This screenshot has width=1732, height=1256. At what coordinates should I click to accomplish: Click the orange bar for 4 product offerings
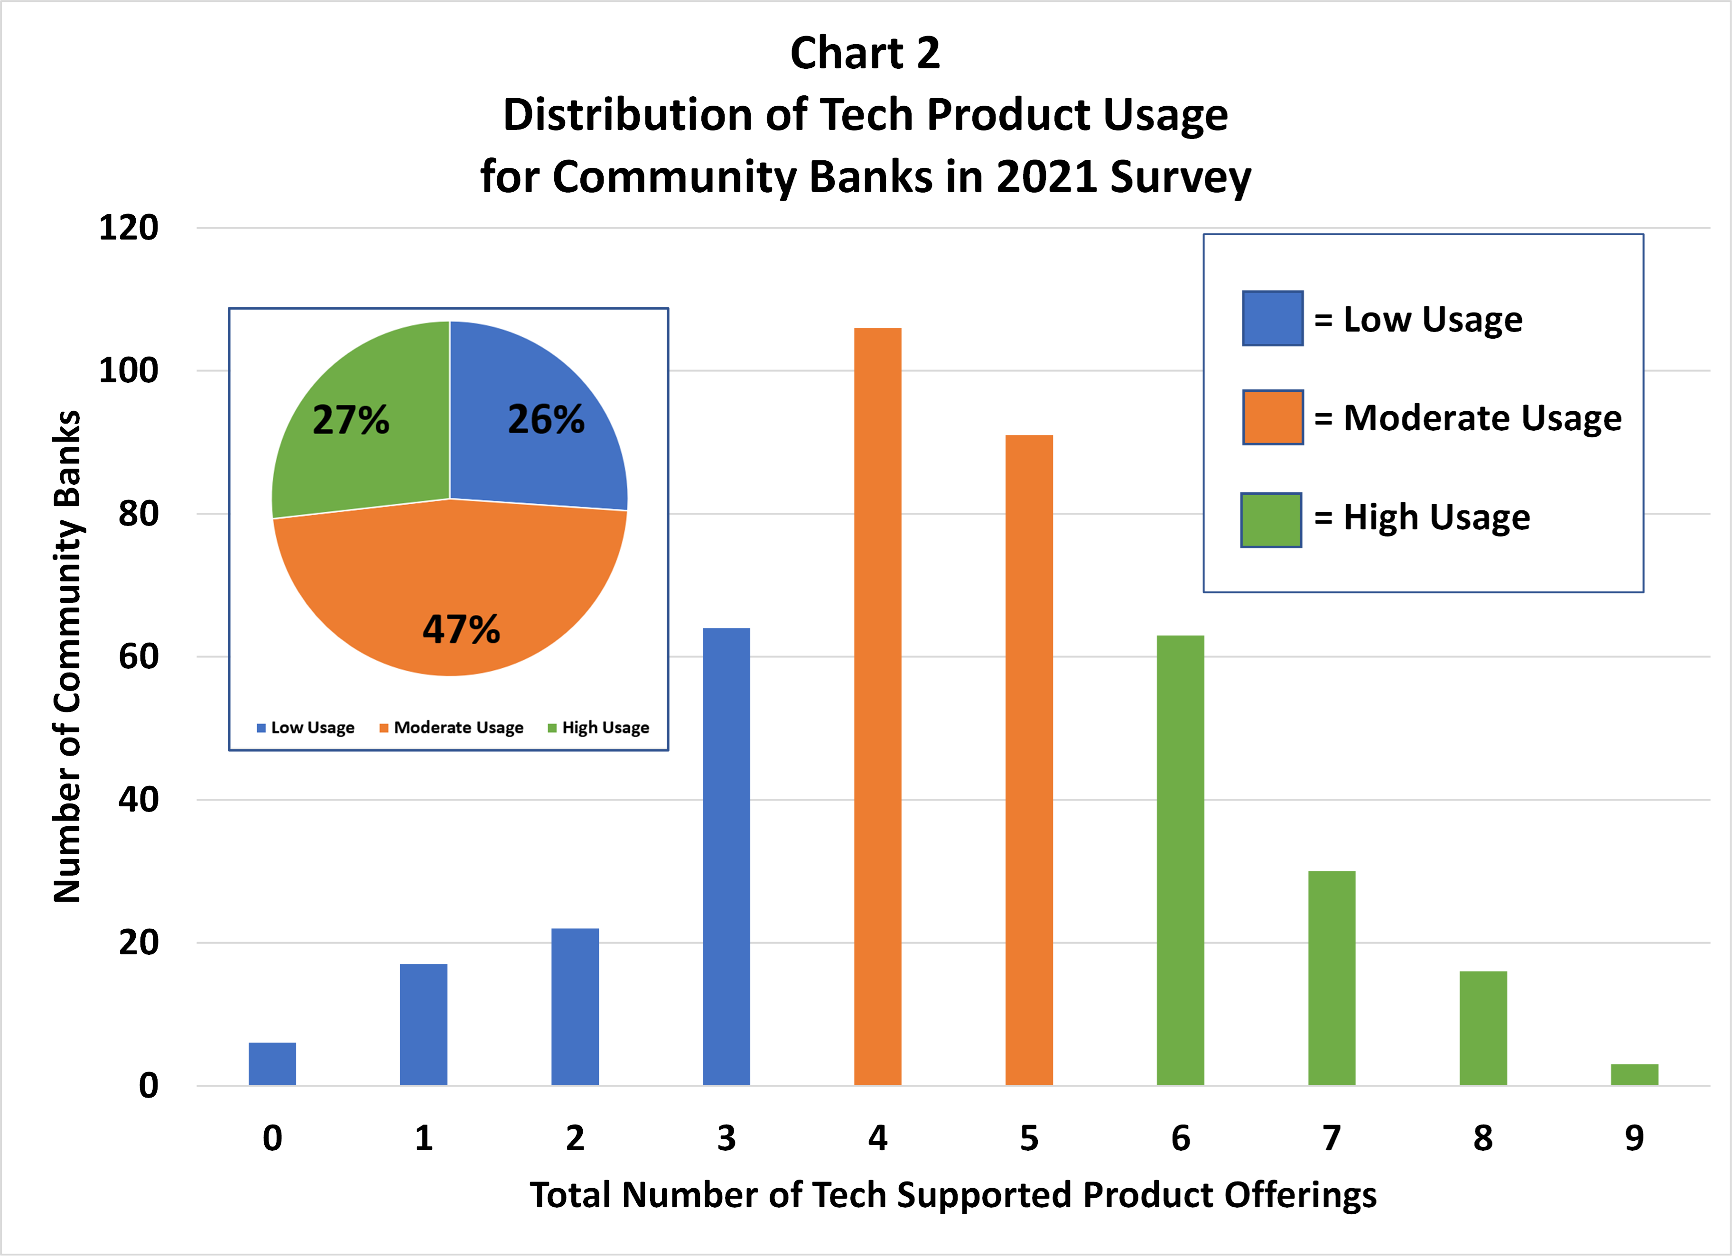pos(877,706)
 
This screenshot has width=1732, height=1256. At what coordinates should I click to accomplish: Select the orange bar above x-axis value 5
pos(1029,760)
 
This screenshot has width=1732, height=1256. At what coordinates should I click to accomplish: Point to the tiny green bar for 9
pos(1634,1074)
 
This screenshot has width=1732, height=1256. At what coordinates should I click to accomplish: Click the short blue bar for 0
pos(272,1063)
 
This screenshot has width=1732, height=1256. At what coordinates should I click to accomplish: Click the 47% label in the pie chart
pos(461,630)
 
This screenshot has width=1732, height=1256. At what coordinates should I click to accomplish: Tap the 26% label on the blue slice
pos(546,420)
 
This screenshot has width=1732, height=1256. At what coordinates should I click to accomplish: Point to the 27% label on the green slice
pos(351,420)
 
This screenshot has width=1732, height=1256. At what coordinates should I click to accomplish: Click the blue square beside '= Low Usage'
pos(1272,318)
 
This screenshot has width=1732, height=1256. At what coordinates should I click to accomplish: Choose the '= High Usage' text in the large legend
pos(1422,517)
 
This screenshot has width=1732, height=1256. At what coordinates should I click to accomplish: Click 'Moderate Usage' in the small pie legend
pos(458,728)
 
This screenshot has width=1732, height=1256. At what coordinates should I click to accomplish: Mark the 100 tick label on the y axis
pos(128,371)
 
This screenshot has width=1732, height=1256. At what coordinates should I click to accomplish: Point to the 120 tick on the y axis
pos(128,228)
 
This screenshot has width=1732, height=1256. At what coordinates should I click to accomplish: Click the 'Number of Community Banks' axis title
pos(67,656)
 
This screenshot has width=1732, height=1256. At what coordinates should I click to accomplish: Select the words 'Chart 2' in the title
pos(865,54)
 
